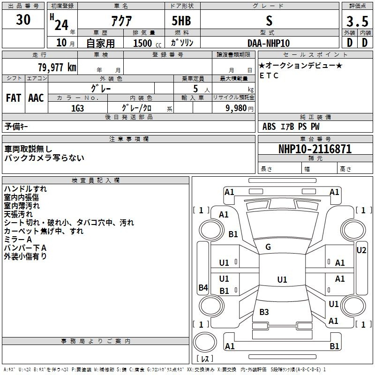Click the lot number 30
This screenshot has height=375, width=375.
[x=23, y=20]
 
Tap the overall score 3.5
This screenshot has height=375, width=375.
[x=357, y=21]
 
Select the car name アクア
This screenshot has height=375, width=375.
[x=123, y=21]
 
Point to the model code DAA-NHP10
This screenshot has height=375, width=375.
[x=269, y=43]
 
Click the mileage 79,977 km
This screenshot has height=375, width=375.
[x=57, y=67]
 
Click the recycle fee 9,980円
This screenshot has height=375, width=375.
[x=239, y=108]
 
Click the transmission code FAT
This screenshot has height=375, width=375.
[x=13, y=98]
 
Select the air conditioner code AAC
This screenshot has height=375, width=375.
[x=36, y=98]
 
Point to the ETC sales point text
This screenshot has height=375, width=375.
[x=269, y=76]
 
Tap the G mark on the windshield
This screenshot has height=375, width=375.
[x=268, y=247]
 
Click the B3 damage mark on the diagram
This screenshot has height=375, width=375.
[x=264, y=312]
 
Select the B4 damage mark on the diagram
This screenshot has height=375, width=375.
[x=203, y=288]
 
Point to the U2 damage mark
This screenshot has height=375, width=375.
[x=361, y=250]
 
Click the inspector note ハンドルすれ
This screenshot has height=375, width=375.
[x=25, y=189]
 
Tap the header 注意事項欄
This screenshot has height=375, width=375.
[x=128, y=139]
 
